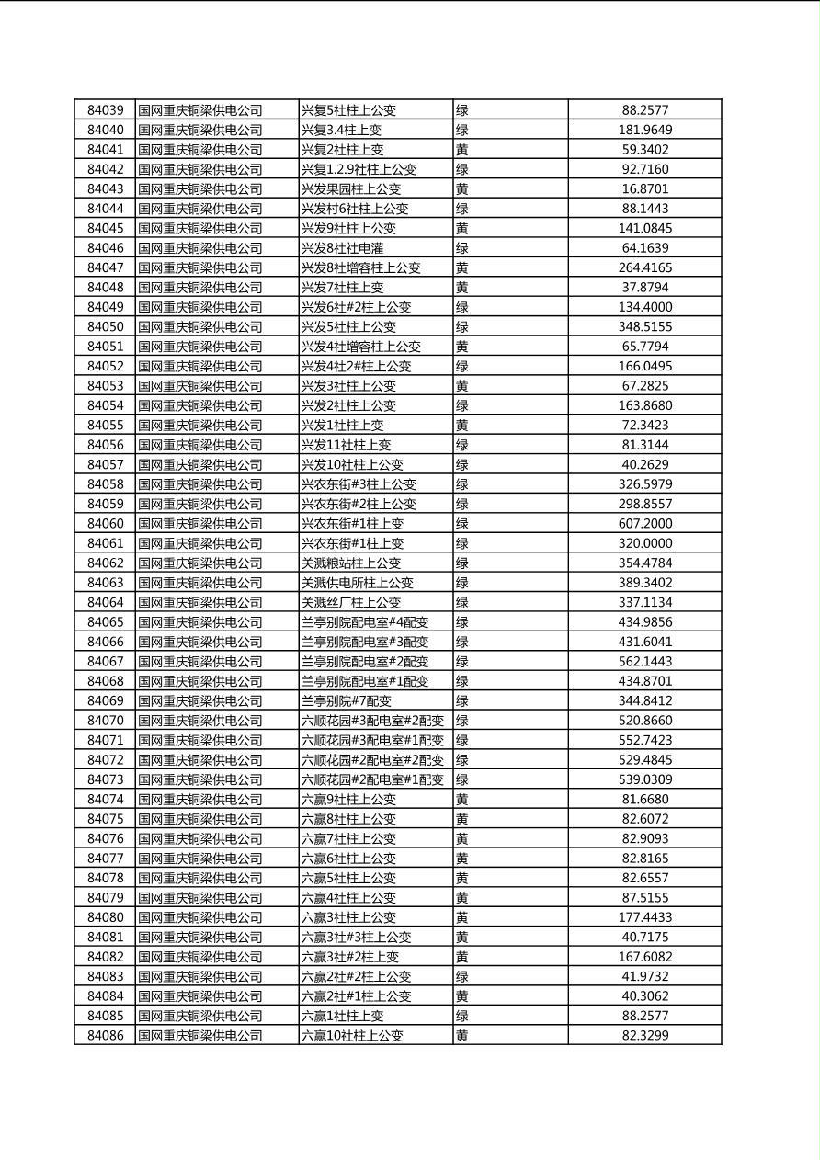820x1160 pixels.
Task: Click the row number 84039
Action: [x=105, y=110]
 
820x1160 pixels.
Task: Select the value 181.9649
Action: [x=644, y=130]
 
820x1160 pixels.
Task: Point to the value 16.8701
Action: [x=644, y=188]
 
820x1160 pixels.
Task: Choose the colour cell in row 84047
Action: [x=462, y=267]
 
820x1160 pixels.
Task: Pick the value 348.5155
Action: [x=644, y=326]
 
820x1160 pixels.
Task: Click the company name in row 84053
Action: [x=200, y=386]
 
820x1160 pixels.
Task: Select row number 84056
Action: [x=105, y=445]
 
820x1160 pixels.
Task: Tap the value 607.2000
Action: [x=644, y=524]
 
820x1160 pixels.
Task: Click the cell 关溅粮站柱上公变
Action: [x=351, y=563]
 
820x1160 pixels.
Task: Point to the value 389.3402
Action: [x=644, y=583]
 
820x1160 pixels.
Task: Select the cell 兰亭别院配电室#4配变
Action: [x=365, y=622]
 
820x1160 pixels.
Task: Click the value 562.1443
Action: [x=644, y=662]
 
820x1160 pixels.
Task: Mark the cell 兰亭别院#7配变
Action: [x=347, y=701]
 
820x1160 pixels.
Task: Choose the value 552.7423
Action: [x=644, y=740]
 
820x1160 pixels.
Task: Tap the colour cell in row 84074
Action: [x=462, y=800]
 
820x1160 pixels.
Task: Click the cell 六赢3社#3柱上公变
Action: [x=357, y=938]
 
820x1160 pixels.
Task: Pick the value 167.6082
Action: [x=644, y=957]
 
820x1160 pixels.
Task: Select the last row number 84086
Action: [x=105, y=1036]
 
